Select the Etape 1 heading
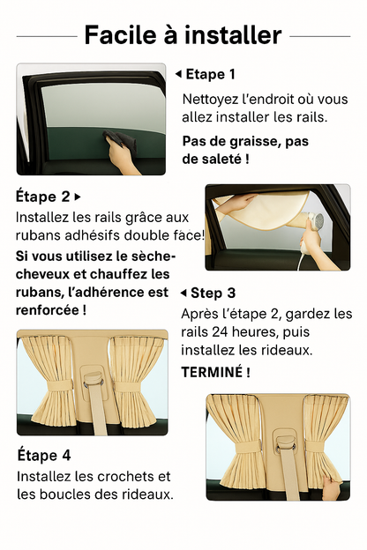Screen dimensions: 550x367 tap(211, 74)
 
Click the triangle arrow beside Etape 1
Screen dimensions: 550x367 tap(177, 74)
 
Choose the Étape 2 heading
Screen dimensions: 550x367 tap(42, 196)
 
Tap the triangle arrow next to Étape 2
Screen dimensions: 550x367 tap(78, 196)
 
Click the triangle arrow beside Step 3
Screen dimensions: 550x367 tap(183, 293)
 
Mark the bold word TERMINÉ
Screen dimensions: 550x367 tap(215, 372)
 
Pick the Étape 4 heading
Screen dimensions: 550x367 tap(44, 456)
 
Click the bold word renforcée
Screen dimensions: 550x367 tap(50, 310)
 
